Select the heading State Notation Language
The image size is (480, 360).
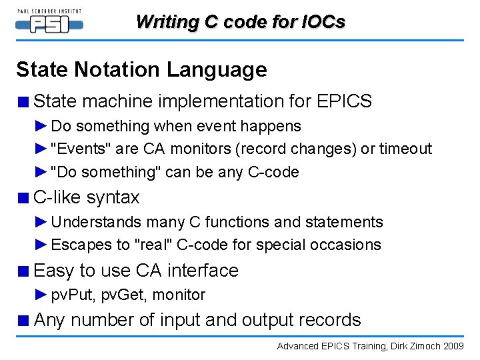click(x=141, y=69)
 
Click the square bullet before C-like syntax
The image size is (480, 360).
click(x=24, y=198)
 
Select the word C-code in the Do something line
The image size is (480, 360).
click(x=273, y=172)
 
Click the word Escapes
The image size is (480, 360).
click(x=79, y=245)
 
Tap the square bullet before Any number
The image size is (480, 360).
click(x=24, y=321)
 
